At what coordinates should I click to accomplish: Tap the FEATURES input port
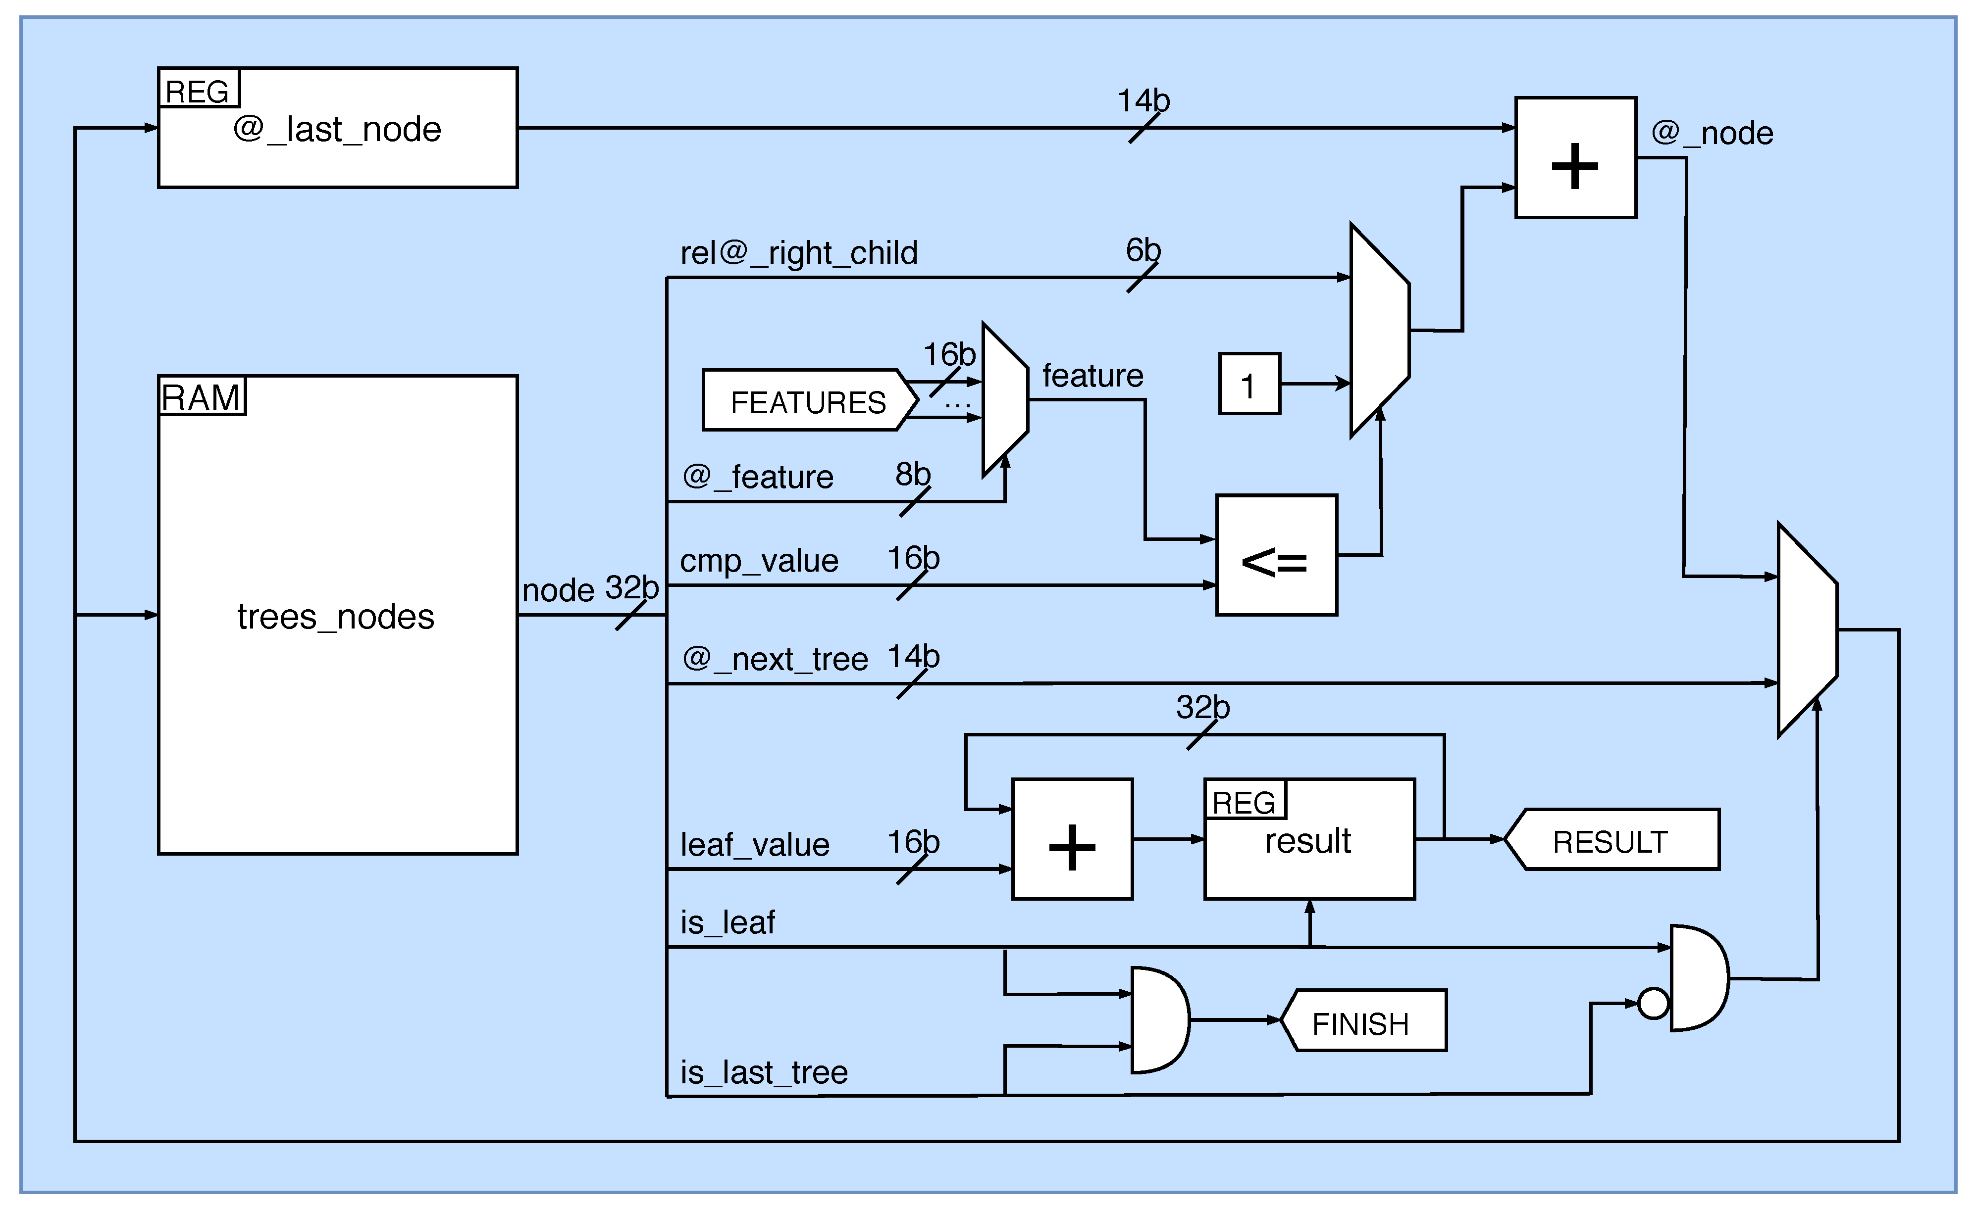coord(808,400)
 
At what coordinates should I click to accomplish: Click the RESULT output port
coord(1611,840)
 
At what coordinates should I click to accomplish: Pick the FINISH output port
coord(1362,1021)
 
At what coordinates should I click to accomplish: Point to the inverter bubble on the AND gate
coord(1653,1003)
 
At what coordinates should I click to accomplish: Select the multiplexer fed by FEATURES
coord(1004,400)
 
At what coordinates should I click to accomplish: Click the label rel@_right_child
coord(798,253)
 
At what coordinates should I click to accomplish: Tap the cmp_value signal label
coord(758,561)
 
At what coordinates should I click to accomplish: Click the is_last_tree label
coord(763,1072)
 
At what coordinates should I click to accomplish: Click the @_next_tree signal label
coord(774,659)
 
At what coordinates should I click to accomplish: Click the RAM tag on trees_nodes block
coord(201,396)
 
